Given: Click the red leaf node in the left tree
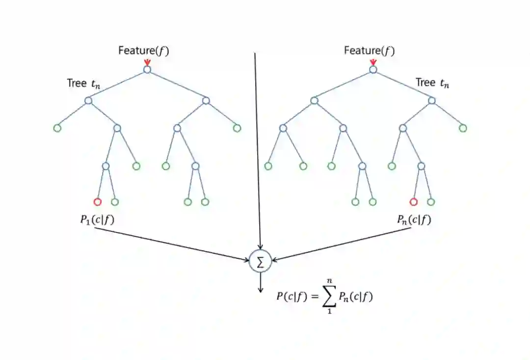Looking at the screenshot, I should [97, 201].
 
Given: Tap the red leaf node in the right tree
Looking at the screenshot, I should [413, 201].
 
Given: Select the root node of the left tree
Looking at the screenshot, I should [147, 70].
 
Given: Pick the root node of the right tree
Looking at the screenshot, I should [373, 70].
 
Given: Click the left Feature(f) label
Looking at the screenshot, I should [143, 51].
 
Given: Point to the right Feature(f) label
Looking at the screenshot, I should [369, 51].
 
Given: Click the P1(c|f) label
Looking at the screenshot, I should [97, 220].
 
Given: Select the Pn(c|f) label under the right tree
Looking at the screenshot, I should [414, 220].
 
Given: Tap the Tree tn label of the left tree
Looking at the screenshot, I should [84, 83].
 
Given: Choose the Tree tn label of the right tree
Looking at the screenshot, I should [432, 83].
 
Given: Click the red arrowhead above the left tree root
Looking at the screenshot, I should [147, 62].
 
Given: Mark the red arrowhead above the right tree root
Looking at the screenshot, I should [373, 62].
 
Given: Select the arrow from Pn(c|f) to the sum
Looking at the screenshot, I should [344, 244].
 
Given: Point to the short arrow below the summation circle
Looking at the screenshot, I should [261, 283].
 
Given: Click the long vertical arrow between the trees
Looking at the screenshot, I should [257, 147].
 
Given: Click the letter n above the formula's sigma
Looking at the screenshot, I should [329, 280].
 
